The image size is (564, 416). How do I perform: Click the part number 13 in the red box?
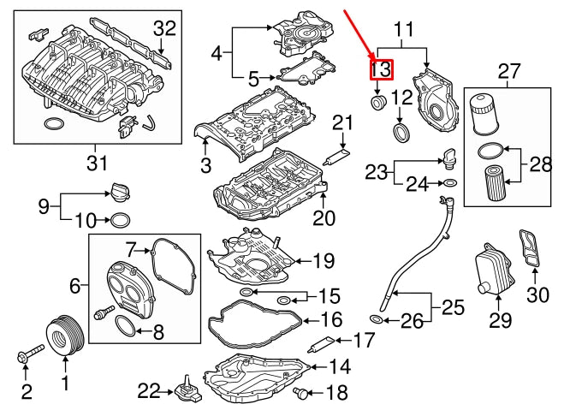pyautogui.click(x=381, y=69)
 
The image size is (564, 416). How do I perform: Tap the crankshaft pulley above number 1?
pyautogui.click(x=63, y=333)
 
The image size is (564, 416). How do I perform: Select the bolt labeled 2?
pyautogui.click(x=30, y=352)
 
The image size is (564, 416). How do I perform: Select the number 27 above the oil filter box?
pyautogui.click(x=508, y=70)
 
